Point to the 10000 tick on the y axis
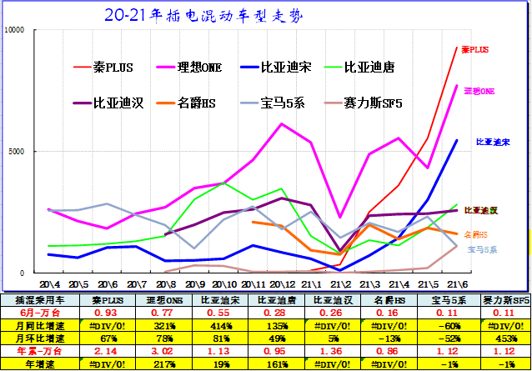[16, 30]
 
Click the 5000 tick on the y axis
[18, 152]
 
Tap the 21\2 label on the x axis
[339, 284]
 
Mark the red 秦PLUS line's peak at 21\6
[457, 47]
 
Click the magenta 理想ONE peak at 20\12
[282, 124]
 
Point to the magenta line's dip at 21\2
[339, 217]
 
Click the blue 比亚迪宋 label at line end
[494, 143]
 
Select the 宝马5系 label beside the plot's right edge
[482, 249]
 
